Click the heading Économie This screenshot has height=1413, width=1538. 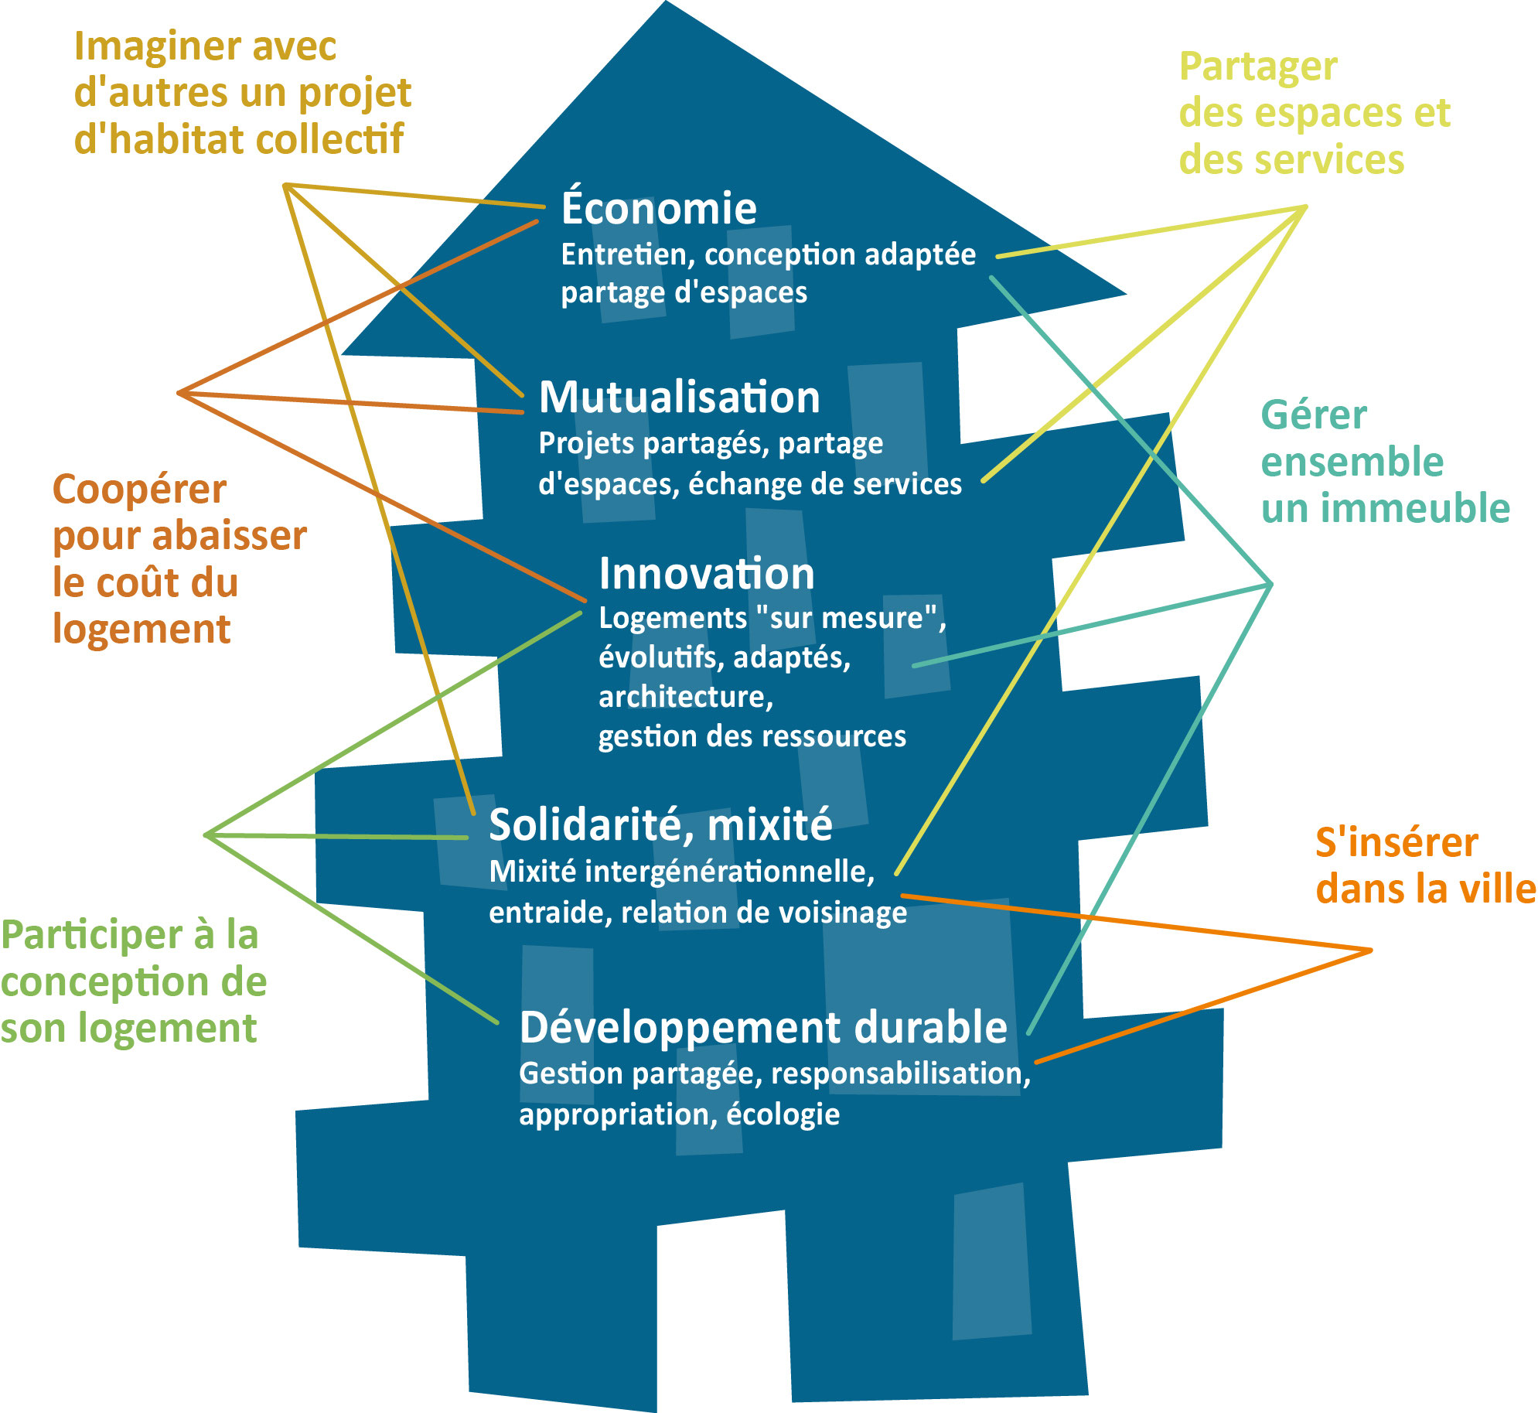pos(659,209)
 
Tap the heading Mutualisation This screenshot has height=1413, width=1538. pos(679,398)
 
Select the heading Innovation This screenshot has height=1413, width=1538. pos(707,575)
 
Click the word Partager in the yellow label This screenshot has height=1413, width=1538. pos(1258,68)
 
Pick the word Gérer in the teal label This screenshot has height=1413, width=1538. pos(1314,415)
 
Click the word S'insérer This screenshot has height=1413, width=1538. pos(1396,842)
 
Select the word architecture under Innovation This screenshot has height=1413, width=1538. pos(685,698)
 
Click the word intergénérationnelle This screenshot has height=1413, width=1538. pos(729,872)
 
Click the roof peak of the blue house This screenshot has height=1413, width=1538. pos(666,6)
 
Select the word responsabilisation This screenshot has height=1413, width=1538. pos(900,1073)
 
